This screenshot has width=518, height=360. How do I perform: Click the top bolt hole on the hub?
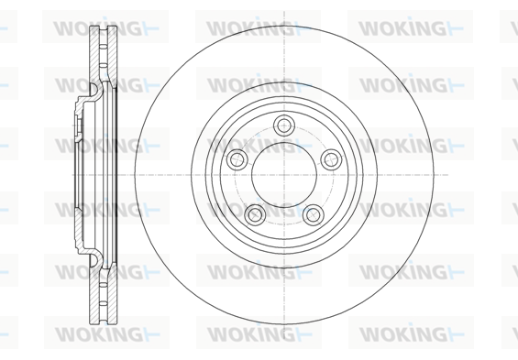[x=284, y=125]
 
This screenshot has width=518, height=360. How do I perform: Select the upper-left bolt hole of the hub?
[x=237, y=159]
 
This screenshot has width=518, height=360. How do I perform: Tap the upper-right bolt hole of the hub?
[x=331, y=159]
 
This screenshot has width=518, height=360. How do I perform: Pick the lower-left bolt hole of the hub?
[x=255, y=214]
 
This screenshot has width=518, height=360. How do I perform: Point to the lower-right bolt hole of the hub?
[x=314, y=214]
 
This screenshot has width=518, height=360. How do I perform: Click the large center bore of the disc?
[x=284, y=175]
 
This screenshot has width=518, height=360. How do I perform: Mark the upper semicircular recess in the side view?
[x=94, y=90]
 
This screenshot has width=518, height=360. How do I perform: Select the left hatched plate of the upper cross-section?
[x=94, y=54]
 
